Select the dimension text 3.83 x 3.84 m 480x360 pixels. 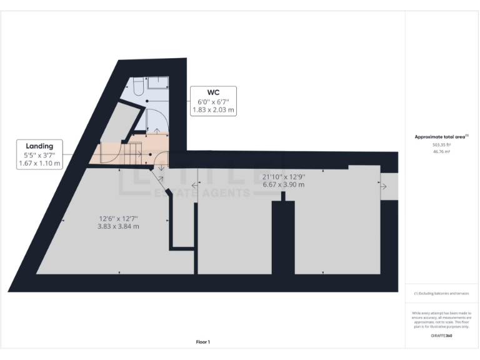click(118, 226)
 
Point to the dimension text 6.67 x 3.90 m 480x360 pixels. click(283, 184)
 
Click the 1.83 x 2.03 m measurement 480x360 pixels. click(212, 109)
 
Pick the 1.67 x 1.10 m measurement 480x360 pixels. click(39, 164)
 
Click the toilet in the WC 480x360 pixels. click(139, 88)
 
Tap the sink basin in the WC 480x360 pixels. click(159, 82)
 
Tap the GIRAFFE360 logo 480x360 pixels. click(441, 336)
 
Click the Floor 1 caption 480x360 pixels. click(203, 342)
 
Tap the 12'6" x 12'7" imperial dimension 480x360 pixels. click(118, 218)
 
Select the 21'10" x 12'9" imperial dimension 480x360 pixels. click(283, 176)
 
